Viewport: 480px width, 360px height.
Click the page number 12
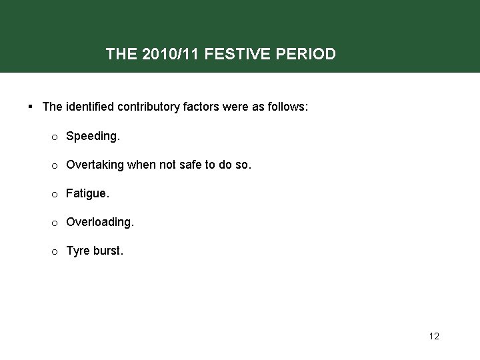tap(434, 336)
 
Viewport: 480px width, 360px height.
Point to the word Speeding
tap(93, 136)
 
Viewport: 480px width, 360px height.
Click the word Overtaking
tap(95, 165)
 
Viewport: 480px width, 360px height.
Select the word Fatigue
tap(87, 193)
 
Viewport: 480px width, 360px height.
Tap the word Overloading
tap(99, 222)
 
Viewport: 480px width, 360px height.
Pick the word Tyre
tap(77, 251)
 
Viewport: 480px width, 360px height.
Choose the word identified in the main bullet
tap(89, 107)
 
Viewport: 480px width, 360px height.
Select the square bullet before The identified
tap(31, 107)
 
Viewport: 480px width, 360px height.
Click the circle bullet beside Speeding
tap(54, 137)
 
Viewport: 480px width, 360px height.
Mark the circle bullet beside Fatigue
tap(54, 194)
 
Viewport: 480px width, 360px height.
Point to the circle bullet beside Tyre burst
tap(54, 251)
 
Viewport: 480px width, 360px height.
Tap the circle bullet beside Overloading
tap(54, 223)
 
